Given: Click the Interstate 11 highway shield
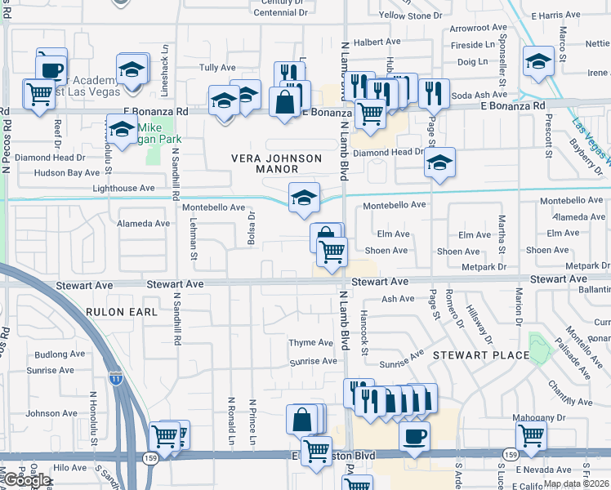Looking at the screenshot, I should [119, 379].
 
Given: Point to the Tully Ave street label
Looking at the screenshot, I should [217, 68].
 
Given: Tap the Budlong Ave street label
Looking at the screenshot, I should [60, 355].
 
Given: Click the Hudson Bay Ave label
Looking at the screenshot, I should [67, 173].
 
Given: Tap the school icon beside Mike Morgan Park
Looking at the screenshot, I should [122, 129].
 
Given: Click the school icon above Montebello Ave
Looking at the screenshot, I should [304, 197].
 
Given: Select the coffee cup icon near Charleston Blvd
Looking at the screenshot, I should [415, 435].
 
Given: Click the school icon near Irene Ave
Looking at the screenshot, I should [538, 62].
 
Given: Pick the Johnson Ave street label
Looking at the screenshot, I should [51, 414].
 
